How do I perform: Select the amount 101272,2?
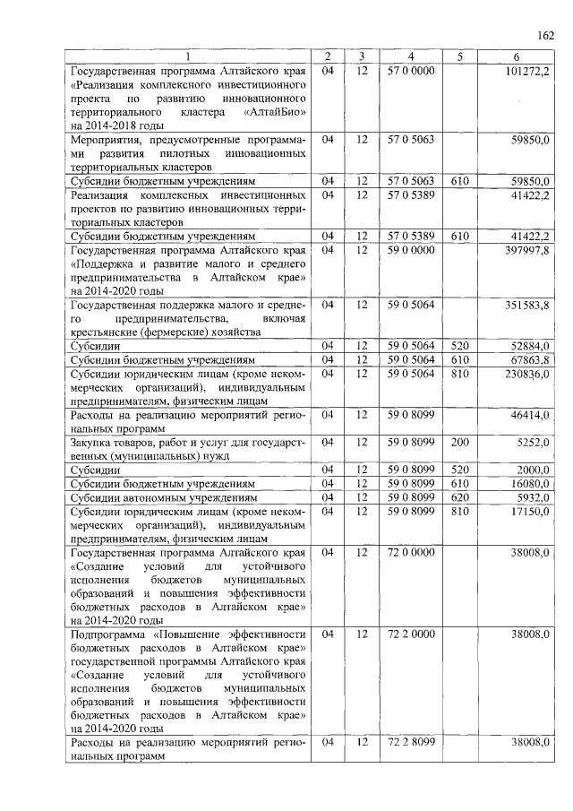pyautogui.click(x=526, y=71)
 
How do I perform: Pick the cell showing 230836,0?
pyautogui.click(x=526, y=375)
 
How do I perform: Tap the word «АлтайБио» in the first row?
pyautogui.click(x=275, y=114)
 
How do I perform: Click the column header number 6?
pyautogui.click(x=516, y=56)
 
